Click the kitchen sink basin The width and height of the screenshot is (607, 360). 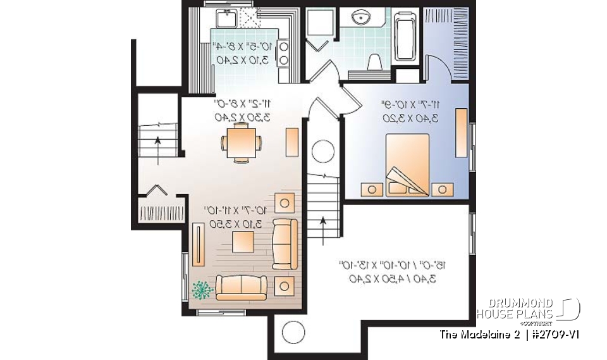tap(226, 18)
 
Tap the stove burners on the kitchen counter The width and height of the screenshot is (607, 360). tap(283, 53)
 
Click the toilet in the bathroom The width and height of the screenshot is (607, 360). tap(374, 63)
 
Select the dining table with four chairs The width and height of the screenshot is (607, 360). tap(240, 142)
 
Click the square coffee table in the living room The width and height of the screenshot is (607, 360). tap(242, 241)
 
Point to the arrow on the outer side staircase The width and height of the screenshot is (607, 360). tap(156, 147)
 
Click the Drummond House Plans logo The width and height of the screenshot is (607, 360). tap(527, 309)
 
